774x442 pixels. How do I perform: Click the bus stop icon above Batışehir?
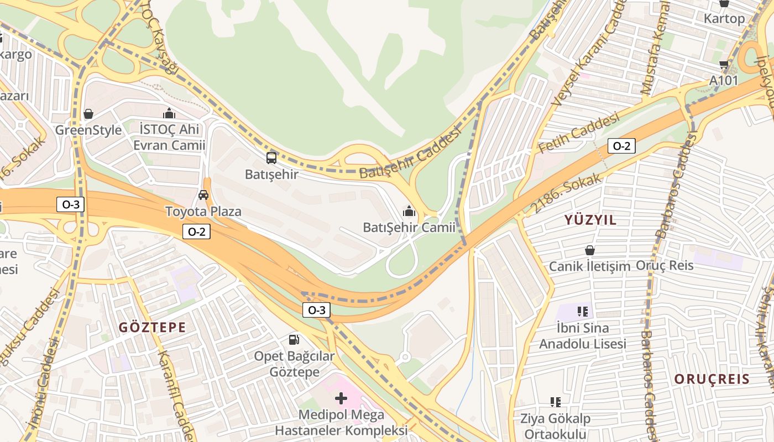(271, 158)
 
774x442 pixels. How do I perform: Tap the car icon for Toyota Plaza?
(203, 195)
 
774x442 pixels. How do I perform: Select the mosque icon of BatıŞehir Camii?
(409, 211)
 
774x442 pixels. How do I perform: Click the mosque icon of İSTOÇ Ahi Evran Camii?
(169, 114)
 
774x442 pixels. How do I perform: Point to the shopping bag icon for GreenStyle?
(88, 114)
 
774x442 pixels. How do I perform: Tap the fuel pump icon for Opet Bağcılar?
(294, 339)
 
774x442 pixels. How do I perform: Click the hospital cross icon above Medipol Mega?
(341, 398)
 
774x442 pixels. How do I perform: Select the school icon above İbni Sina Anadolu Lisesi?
(582, 312)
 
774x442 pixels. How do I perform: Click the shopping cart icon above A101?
(724, 65)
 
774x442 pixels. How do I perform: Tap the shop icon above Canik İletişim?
(590, 250)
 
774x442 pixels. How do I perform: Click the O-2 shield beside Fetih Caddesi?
(621, 146)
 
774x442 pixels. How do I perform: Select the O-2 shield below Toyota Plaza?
(196, 231)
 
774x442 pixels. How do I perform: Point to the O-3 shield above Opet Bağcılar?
(316, 310)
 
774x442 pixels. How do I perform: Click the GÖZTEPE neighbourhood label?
(153, 328)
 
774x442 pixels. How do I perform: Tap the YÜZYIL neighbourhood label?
(590, 220)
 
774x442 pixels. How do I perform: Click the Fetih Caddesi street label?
(578, 133)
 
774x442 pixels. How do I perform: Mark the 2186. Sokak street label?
(566, 193)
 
